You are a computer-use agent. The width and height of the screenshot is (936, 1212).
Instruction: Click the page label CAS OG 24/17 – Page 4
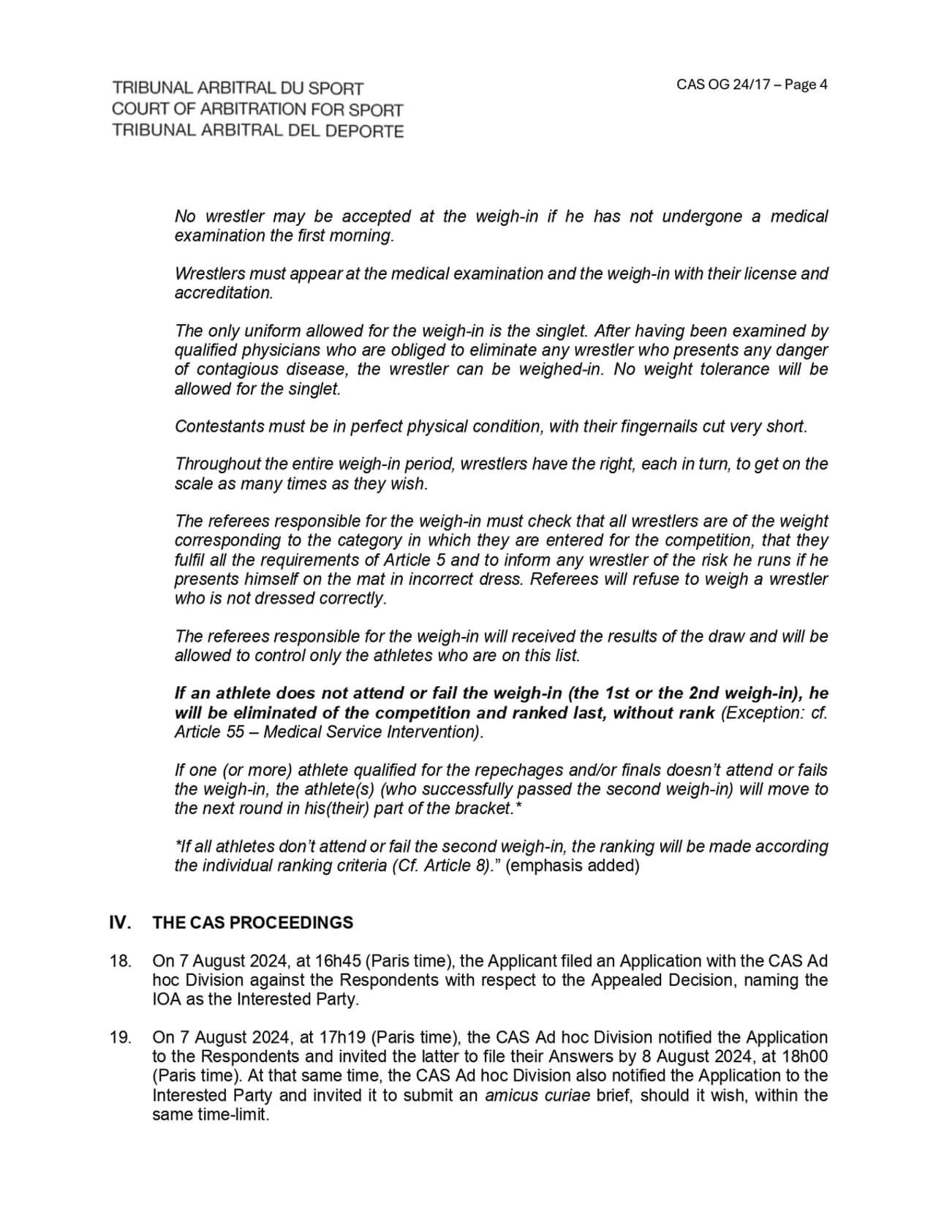point(752,85)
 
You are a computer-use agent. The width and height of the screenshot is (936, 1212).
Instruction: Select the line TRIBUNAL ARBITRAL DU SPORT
point(238,89)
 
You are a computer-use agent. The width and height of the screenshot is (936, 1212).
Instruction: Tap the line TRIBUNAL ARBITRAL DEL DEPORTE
point(257,131)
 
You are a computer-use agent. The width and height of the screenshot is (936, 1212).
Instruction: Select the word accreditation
point(223,293)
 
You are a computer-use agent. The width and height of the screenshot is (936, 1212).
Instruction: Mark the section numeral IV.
point(120,923)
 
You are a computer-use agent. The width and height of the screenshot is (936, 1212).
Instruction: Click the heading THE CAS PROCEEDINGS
point(252,923)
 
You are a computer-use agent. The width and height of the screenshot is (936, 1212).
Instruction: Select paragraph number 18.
point(120,961)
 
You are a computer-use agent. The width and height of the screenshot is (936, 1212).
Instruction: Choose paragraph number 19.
point(120,1038)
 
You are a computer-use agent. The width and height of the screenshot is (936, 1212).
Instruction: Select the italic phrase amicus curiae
point(537,1096)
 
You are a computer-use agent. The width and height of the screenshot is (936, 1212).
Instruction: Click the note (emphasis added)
point(572,866)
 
